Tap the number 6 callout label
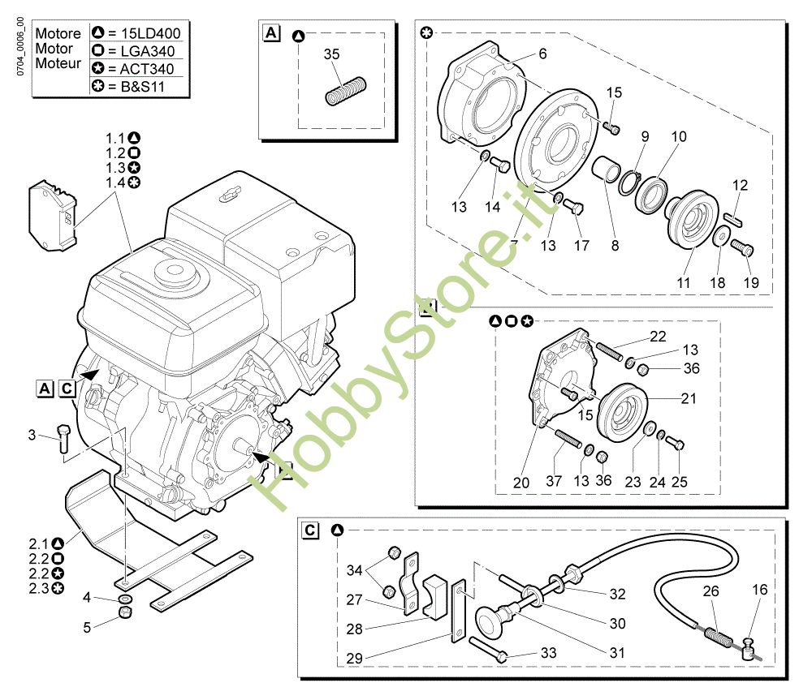tap(542, 54)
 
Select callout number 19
tap(751, 283)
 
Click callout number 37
tap(554, 482)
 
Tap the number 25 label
tap(680, 482)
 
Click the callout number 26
tap(710, 591)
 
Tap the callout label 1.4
tap(116, 183)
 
